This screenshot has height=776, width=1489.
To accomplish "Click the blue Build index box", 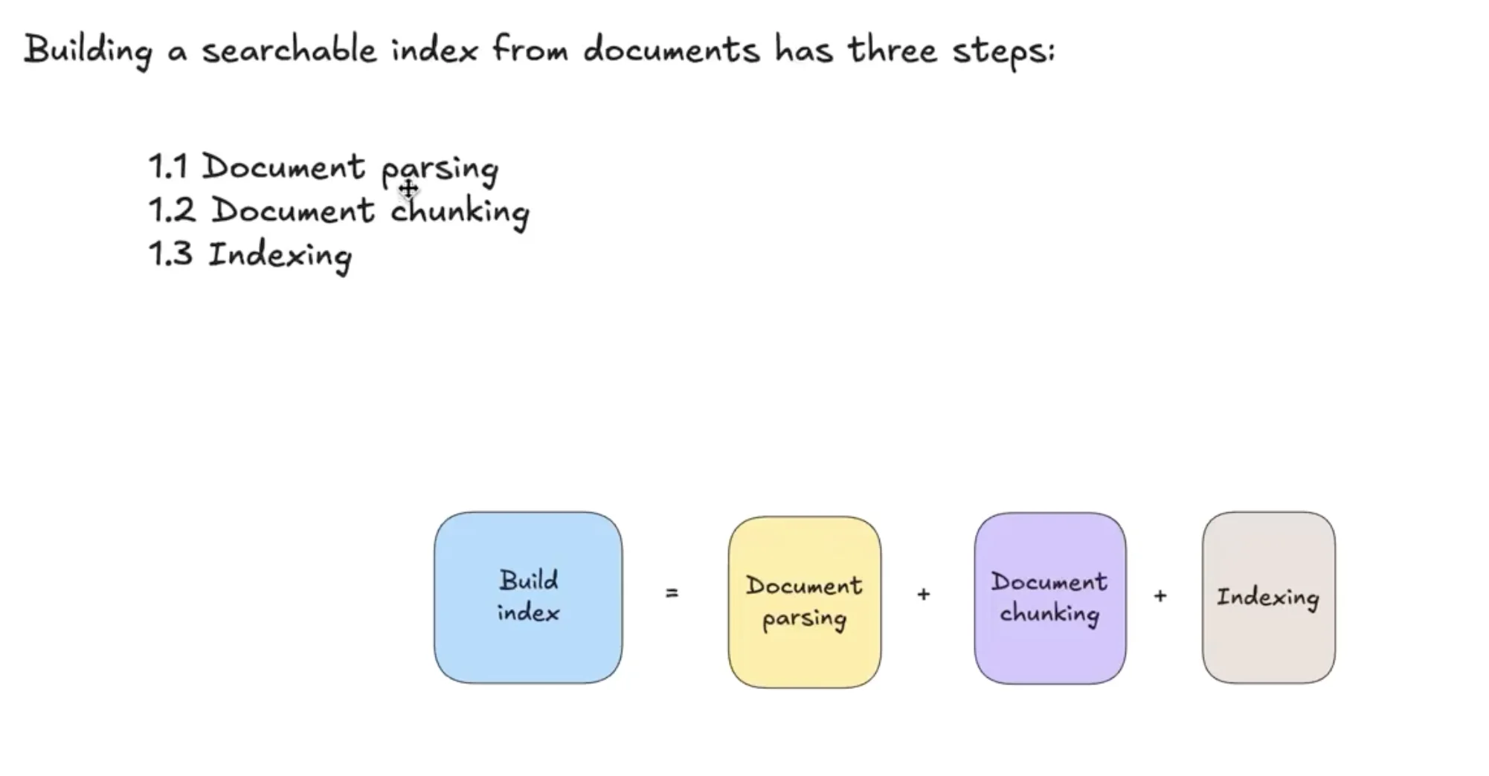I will coord(528,597).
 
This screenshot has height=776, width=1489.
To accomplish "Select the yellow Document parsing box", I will coord(804,601).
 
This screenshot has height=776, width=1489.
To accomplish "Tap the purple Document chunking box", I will coord(1049,598).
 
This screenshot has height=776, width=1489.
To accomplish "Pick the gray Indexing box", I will coord(1268,597).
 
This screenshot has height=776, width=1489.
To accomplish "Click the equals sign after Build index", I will coord(672,593).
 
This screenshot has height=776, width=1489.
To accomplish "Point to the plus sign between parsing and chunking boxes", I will coord(924,594).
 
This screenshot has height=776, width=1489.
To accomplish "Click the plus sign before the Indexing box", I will coord(1160,595).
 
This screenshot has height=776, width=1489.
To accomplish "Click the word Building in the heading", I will coord(89,51).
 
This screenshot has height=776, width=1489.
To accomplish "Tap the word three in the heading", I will coord(893,51).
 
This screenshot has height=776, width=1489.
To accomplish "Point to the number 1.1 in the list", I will coord(168,166).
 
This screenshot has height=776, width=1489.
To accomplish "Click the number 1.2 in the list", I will coord(172,210).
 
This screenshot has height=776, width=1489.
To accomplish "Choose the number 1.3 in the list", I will coord(171,254).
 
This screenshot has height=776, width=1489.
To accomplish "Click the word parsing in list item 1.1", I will coord(440,169).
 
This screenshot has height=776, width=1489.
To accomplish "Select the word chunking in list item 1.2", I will coord(460,212).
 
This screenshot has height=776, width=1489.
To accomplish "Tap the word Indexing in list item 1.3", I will coord(280,256).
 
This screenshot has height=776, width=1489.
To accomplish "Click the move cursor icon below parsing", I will coord(408,189).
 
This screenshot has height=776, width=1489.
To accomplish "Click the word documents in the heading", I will coord(672,51).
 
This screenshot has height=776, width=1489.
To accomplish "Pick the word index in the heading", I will coord(434,51).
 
